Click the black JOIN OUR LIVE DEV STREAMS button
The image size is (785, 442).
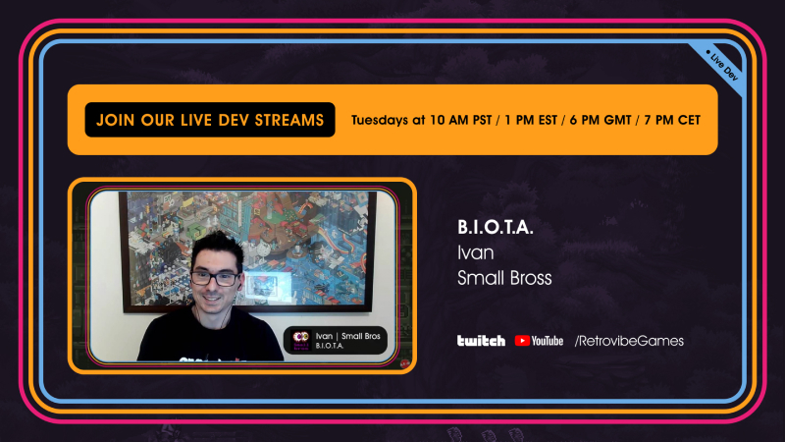tap(210, 120)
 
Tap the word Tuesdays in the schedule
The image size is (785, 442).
tap(373, 120)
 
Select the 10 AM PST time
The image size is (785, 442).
tap(460, 120)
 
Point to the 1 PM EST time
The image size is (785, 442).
tap(531, 120)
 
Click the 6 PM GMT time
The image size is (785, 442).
tap(601, 120)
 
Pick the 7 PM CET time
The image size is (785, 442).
tap(672, 120)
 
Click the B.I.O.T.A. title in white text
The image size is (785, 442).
tap(496, 228)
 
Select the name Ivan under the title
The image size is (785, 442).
tap(476, 252)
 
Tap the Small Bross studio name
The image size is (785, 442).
tap(504, 278)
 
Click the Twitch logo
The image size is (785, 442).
tap(481, 341)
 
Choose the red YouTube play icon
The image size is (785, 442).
tap(522, 341)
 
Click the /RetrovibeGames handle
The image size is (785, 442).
tap(629, 341)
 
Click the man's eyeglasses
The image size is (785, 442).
tap(215, 278)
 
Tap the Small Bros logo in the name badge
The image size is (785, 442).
tap(301, 340)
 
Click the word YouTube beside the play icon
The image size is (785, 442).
tap(548, 341)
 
